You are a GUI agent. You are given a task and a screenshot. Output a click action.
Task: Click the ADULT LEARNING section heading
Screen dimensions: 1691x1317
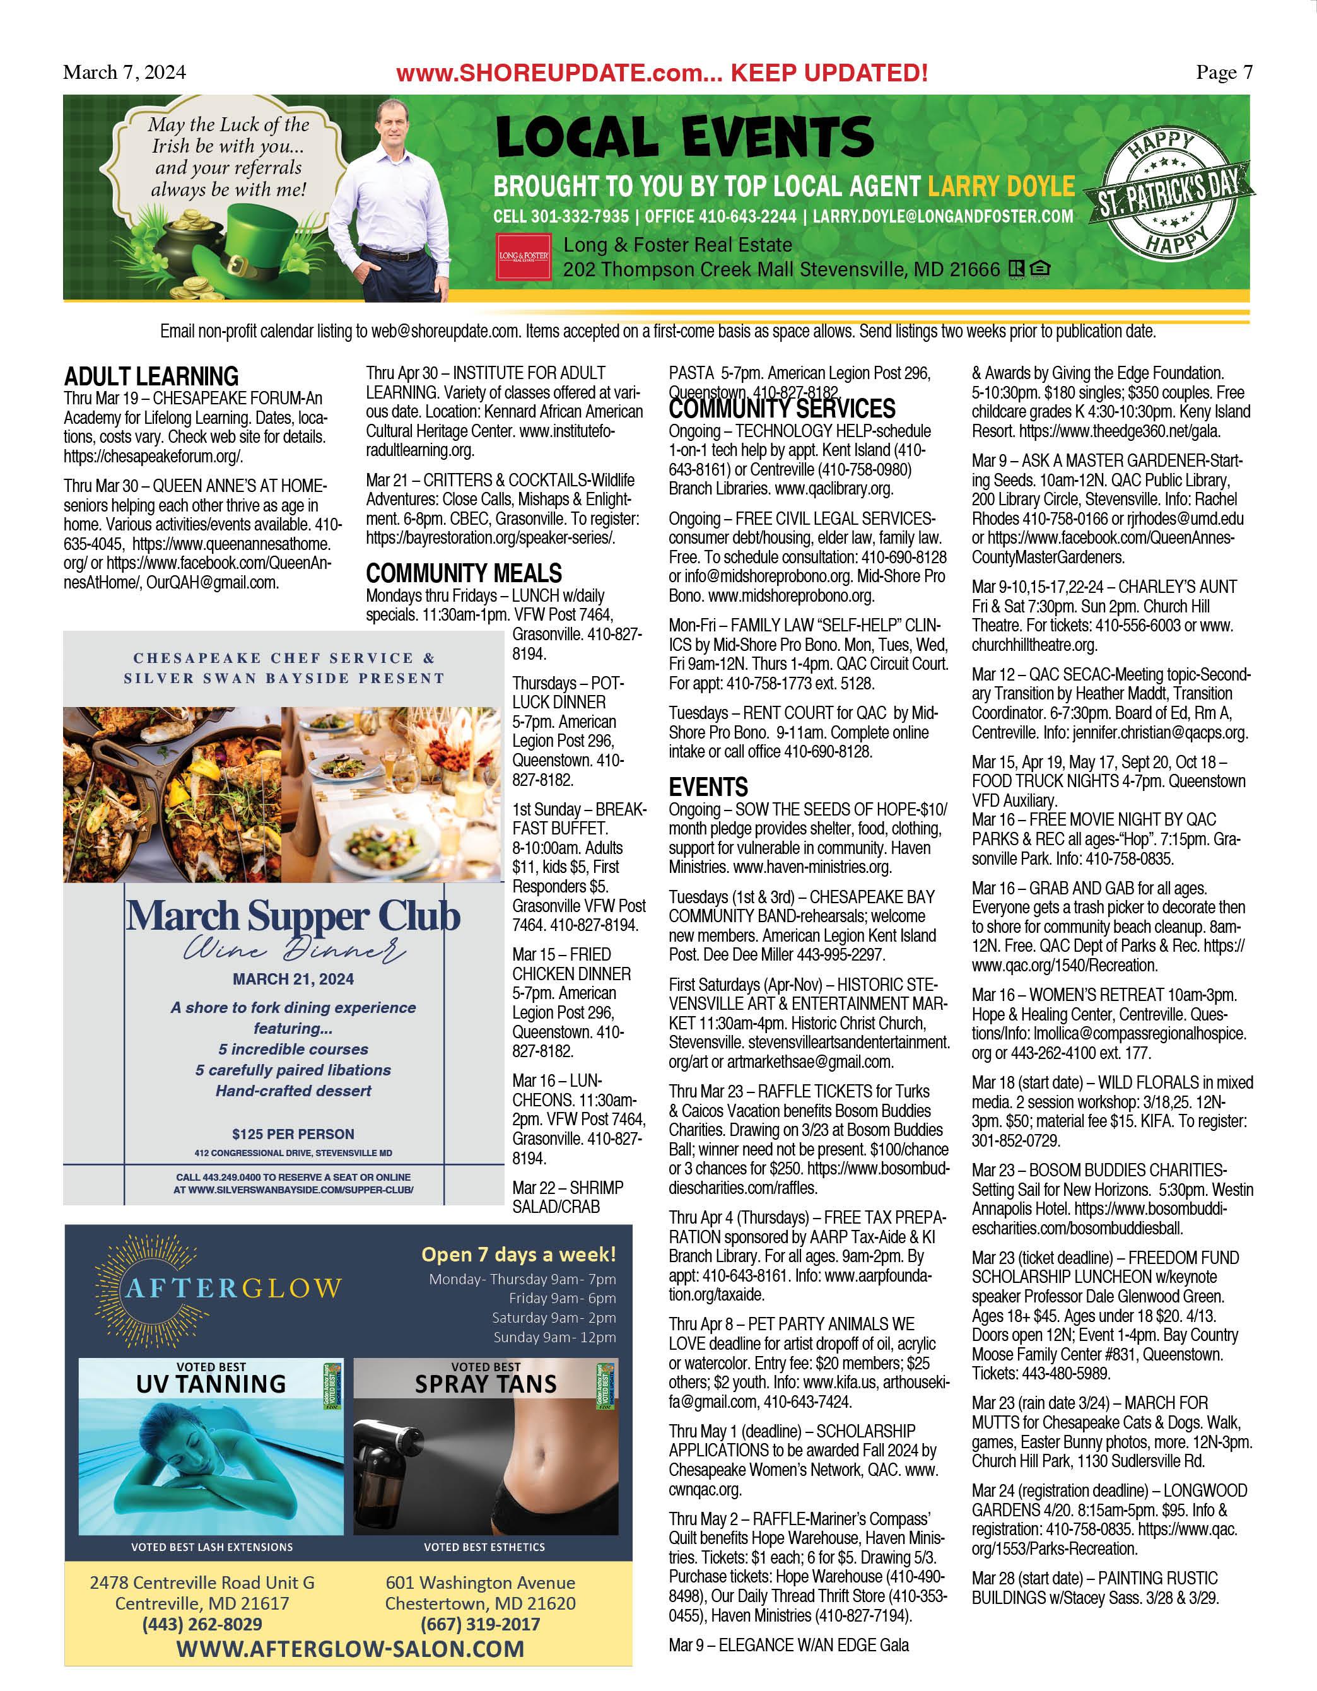click(151, 377)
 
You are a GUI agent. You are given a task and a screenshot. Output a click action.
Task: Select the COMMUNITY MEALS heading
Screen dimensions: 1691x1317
click(463, 574)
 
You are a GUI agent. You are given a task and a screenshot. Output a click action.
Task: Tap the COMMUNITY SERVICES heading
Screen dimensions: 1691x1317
click(781, 408)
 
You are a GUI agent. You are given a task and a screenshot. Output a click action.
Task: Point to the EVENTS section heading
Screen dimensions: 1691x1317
click(708, 787)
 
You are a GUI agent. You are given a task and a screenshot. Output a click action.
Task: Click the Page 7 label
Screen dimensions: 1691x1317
click(1224, 73)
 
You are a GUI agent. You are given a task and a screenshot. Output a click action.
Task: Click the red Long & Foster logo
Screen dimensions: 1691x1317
click(524, 256)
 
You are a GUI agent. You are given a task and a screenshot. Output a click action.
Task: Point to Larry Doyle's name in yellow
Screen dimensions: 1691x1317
click(1001, 187)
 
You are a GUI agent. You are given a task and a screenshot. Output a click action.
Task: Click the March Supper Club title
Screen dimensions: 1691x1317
click(293, 916)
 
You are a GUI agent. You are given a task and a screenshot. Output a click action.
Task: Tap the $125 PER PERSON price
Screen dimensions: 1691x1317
click(293, 1134)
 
